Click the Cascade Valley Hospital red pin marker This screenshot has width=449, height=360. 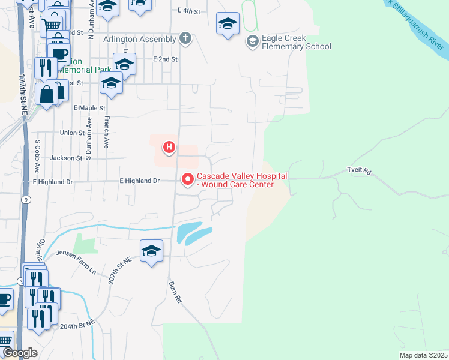[188, 178]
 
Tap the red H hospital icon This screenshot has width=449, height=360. [169, 146]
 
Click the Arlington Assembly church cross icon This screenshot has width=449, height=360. [186, 40]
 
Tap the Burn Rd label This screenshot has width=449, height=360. [175, 292]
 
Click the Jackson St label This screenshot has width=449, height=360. [66, 158]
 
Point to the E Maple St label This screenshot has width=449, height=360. [89, 108]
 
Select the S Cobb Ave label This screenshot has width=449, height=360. [37, 155]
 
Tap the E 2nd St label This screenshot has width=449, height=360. [166, 59]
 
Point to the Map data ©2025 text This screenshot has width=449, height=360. [423, 355]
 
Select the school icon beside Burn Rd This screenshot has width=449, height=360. [151, 251]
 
